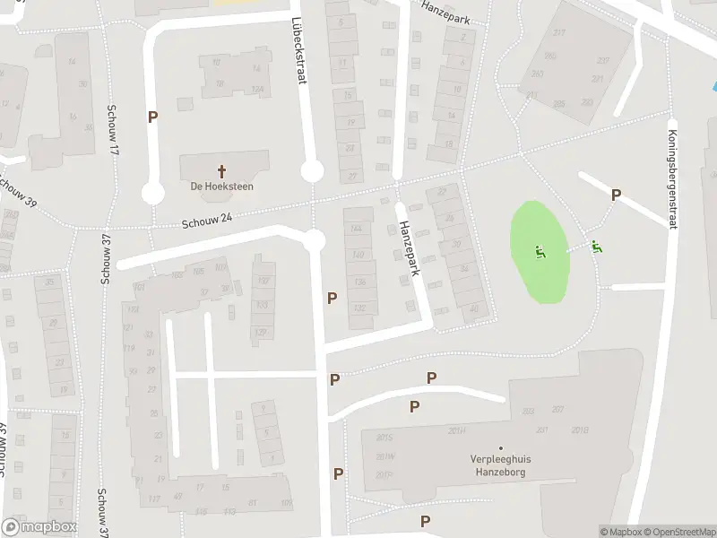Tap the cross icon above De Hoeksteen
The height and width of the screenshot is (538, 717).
point(221,169)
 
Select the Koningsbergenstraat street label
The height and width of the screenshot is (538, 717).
point(671,180)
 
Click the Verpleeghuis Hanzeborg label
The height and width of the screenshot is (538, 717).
point(500,464)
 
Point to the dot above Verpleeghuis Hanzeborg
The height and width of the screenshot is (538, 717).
point(500,448)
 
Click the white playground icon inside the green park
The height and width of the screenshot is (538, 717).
point(540,252)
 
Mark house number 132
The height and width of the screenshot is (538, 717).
point(360,308)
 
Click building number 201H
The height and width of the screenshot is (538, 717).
point(457,431)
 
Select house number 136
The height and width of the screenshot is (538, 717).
point(360,282)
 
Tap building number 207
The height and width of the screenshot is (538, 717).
point(557,409)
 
